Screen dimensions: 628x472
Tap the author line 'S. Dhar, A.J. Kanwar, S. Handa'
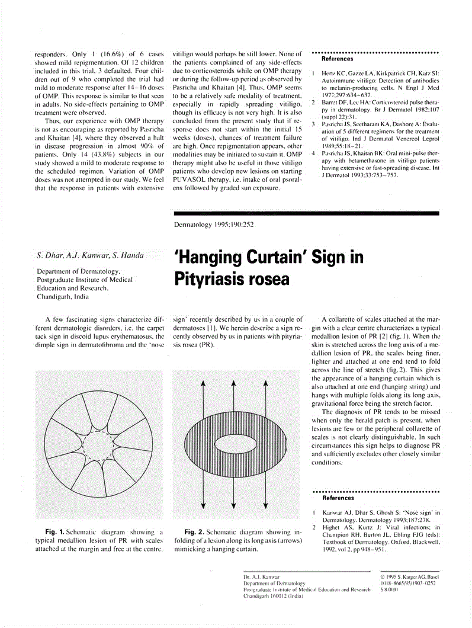pyautogui.click(x=90, y=256)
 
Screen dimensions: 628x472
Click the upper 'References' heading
pyautogui.click(x=337, y=59)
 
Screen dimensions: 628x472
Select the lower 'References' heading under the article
pyautogui.click(x=337, y=498)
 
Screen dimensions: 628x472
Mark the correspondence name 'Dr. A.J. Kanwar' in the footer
pyautogui.click(x=262, y=576)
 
